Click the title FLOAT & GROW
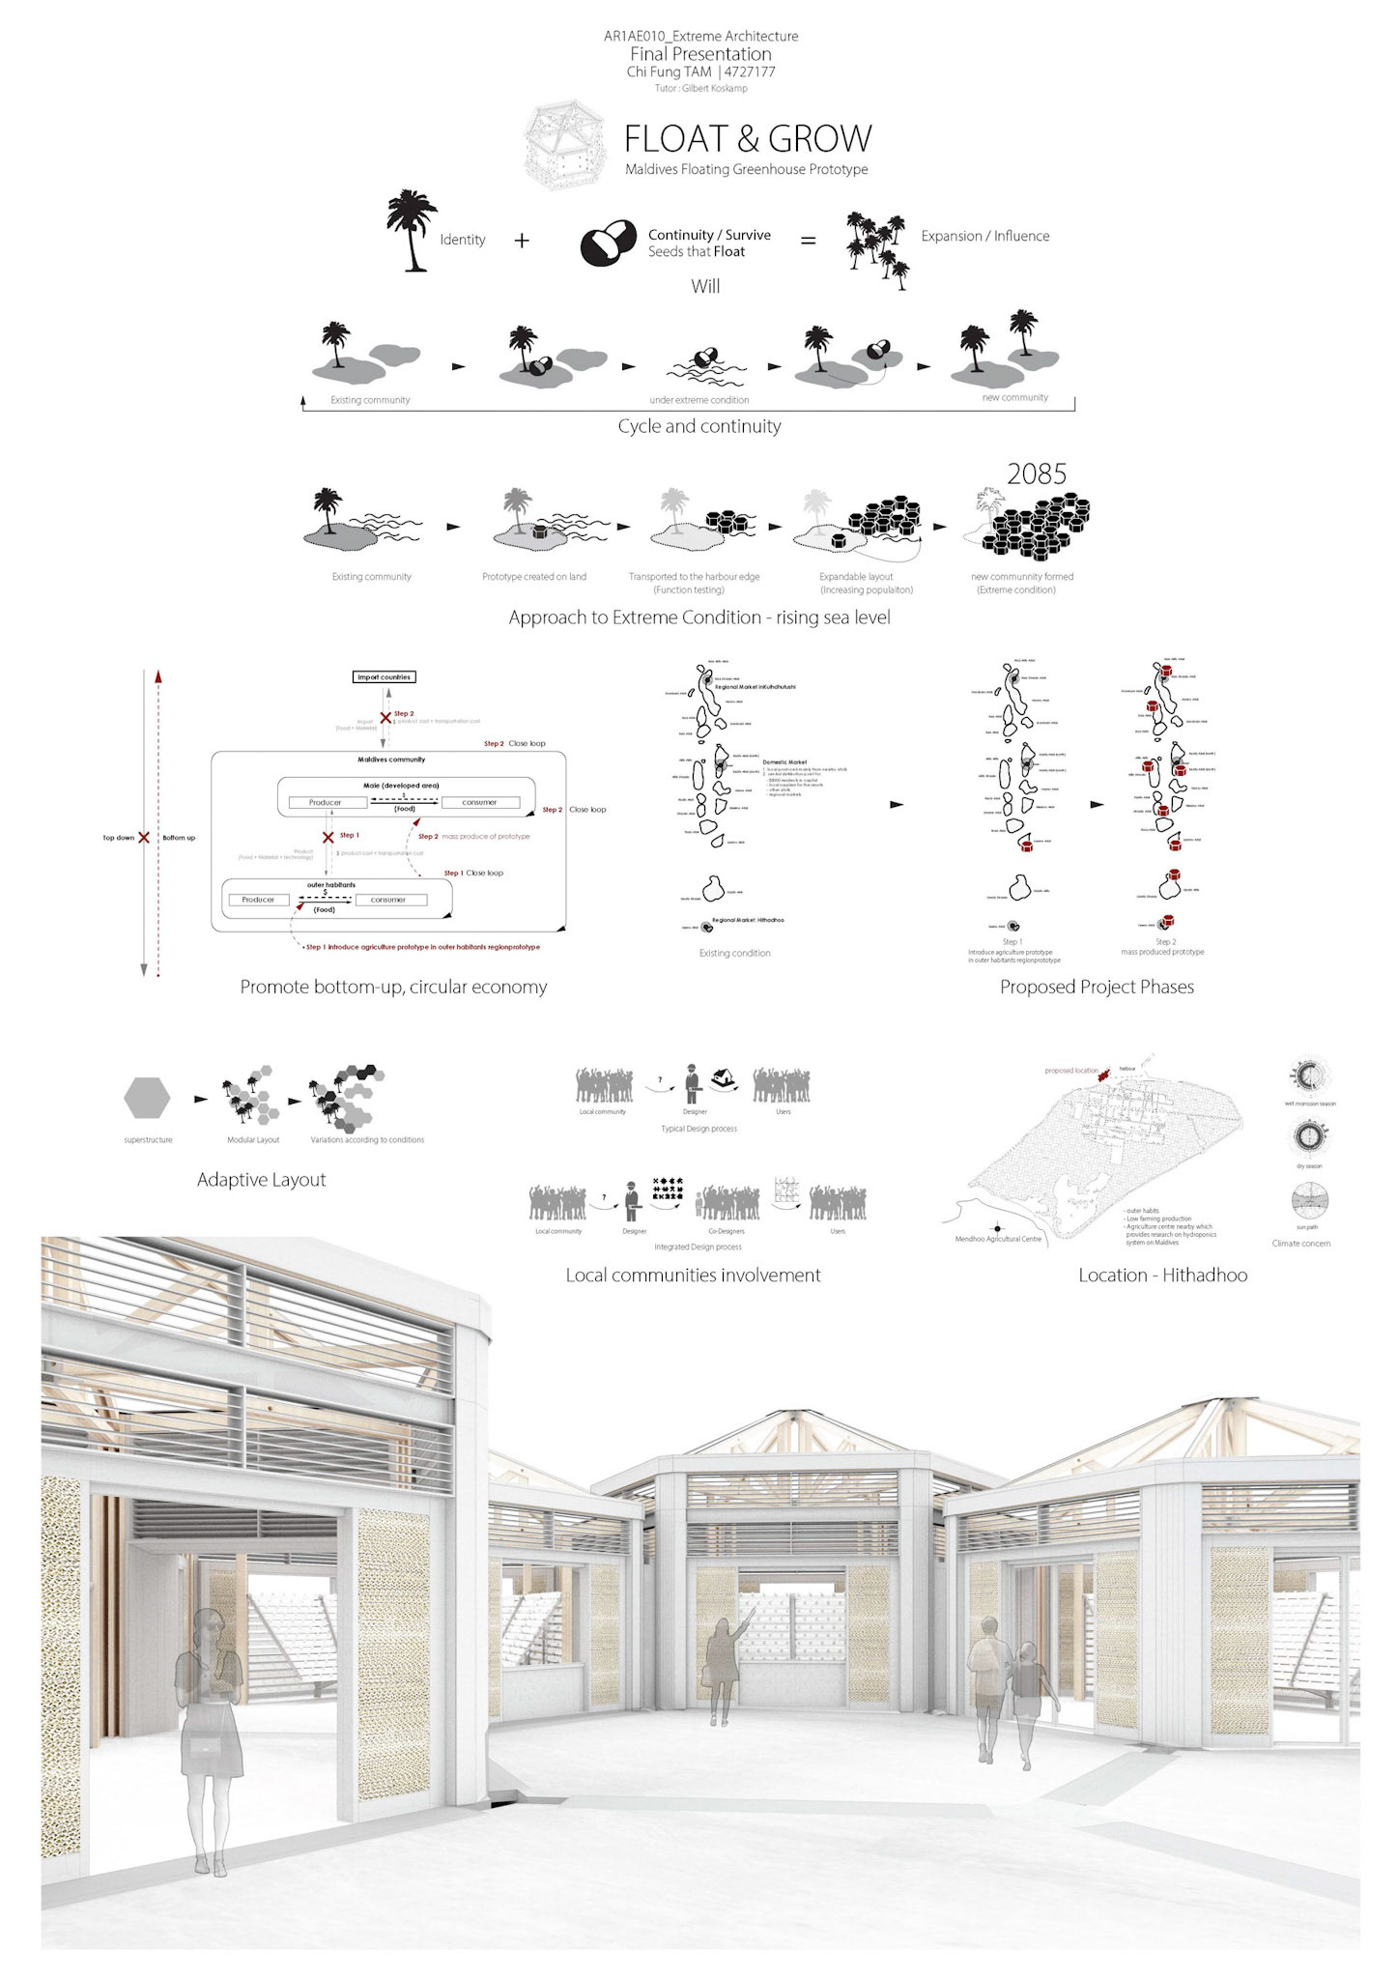[747, 139]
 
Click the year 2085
[1036, 473]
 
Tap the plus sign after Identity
[522, 240]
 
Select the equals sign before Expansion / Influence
[808, 240]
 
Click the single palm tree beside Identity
[412, 230]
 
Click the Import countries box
[384, 677]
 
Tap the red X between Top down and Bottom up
[144, 837]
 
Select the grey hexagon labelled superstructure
[147, 1099]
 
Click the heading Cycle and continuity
[698, 426]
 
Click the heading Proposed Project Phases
[1097, 987]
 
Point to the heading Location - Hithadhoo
[1162, 1275]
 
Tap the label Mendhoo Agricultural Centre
[998, 1239]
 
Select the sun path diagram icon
[1309, 1201]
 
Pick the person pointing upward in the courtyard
[722, 1667]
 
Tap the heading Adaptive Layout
[261, 1180]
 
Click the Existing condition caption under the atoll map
[734, 953]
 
